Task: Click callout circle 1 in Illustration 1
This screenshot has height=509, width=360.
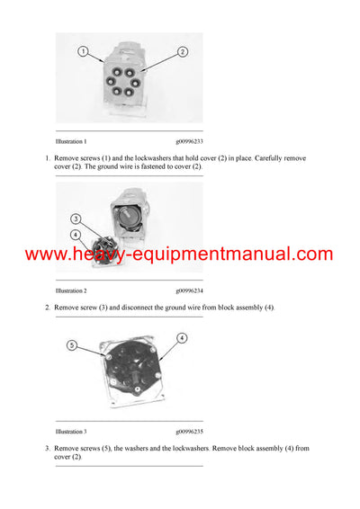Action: (83, 51)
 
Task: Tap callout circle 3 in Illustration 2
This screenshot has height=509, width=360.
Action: (76, 219)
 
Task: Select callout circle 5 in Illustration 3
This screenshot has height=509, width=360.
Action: (73, 343)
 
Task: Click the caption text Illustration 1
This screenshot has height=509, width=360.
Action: (71, 141)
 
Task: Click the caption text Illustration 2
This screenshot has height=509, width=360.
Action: (71, 290)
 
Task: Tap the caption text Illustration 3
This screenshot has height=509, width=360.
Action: (71, 432)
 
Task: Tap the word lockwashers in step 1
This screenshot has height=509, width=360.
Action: (143, 158)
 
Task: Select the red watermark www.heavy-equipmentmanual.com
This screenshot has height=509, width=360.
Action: (179, 254)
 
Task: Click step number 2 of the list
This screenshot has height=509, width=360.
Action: (47, 308)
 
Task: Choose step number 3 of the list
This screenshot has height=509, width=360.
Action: (47, 448)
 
